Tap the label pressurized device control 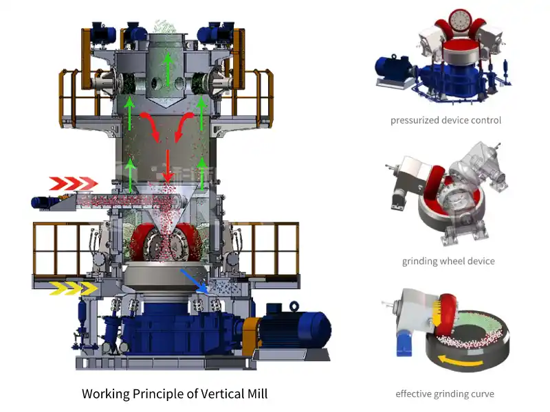445,120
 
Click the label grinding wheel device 448,261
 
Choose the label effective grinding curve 445,393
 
